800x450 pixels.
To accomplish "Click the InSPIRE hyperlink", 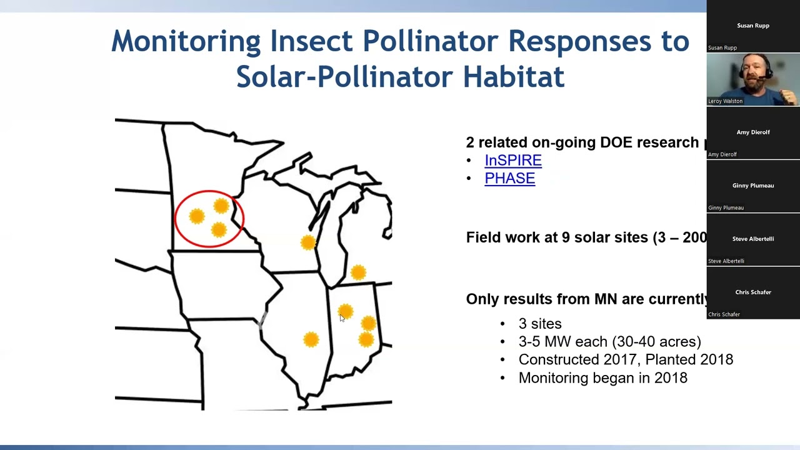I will [512, 161].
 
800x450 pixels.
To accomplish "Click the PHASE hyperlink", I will [509, 179].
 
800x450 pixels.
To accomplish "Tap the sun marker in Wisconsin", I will [307, 242].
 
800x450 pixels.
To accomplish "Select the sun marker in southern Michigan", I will [358, 272].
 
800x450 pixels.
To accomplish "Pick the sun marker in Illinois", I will [311, 339].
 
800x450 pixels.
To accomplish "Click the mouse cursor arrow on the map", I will [342, 318].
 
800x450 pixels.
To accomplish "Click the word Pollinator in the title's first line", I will [430, 42].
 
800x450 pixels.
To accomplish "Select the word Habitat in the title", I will [513, 77].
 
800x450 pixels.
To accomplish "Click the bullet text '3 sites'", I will [540, 324].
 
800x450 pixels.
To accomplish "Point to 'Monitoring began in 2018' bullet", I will [602, 378].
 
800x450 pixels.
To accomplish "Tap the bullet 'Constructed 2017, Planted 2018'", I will [625, 360].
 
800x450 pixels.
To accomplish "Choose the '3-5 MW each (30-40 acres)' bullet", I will [609, 342].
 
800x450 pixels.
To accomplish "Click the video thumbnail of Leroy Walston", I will [753, 79].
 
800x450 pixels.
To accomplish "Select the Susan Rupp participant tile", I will [753, 26].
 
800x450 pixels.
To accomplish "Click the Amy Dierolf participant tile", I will [753, 132].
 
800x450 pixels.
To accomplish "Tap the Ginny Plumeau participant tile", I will [753, 186].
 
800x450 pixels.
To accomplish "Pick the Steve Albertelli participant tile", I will [753, 239].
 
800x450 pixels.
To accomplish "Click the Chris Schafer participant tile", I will [753, 292].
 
